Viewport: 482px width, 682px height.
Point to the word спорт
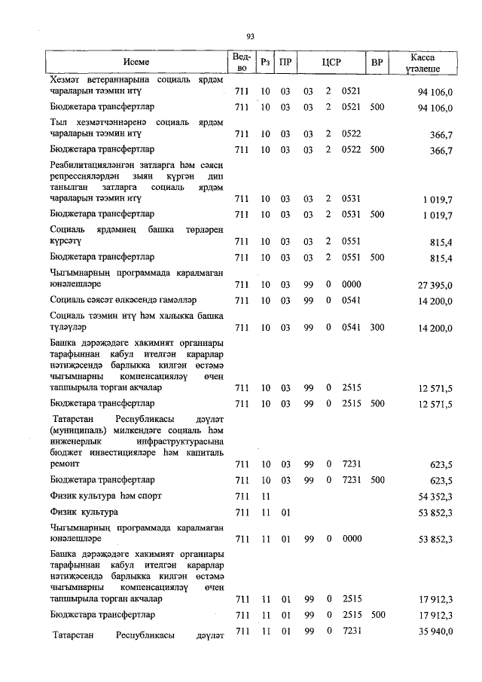pos(147,496)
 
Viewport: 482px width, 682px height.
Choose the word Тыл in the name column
pos(57,122)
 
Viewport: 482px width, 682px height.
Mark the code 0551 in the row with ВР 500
pos(351,258)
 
